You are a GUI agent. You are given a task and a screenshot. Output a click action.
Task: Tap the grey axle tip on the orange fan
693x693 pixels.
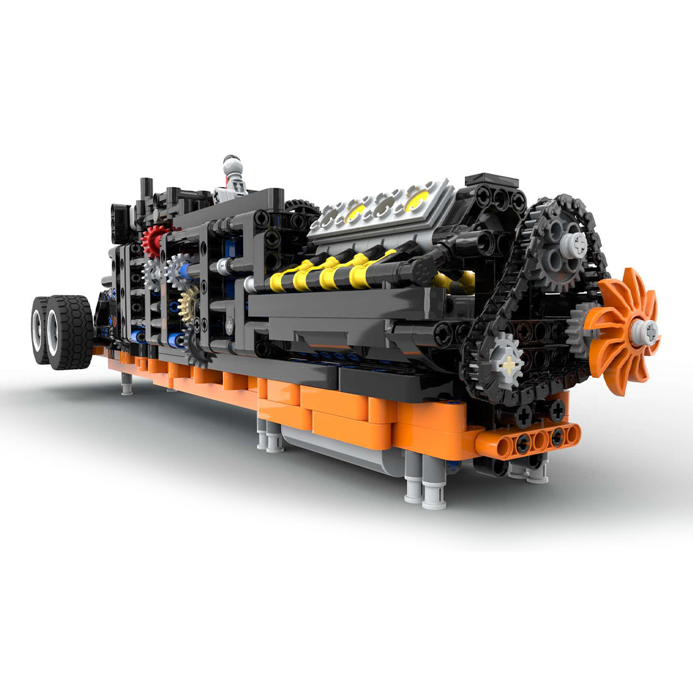coord(648,330)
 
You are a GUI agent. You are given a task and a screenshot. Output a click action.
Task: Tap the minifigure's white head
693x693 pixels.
coord(232,166)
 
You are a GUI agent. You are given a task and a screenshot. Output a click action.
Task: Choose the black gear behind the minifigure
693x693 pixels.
coord(301,207)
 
